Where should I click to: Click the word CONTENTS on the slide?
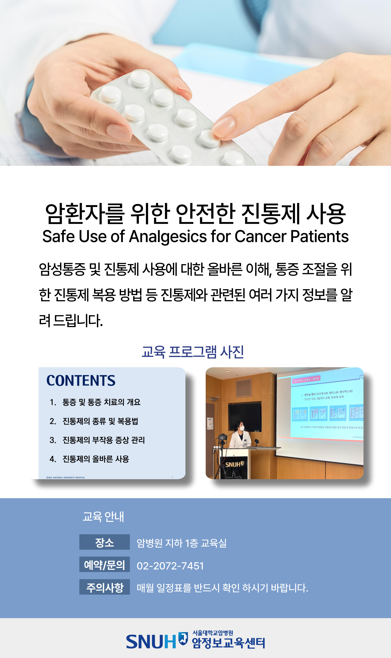[x=81, y=381]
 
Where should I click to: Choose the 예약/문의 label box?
[x=105, y=565]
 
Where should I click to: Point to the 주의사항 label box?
[x=105, y=587]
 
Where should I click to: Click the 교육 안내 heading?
[x=103, y=517]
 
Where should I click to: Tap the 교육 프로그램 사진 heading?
[x=193, y=352]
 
